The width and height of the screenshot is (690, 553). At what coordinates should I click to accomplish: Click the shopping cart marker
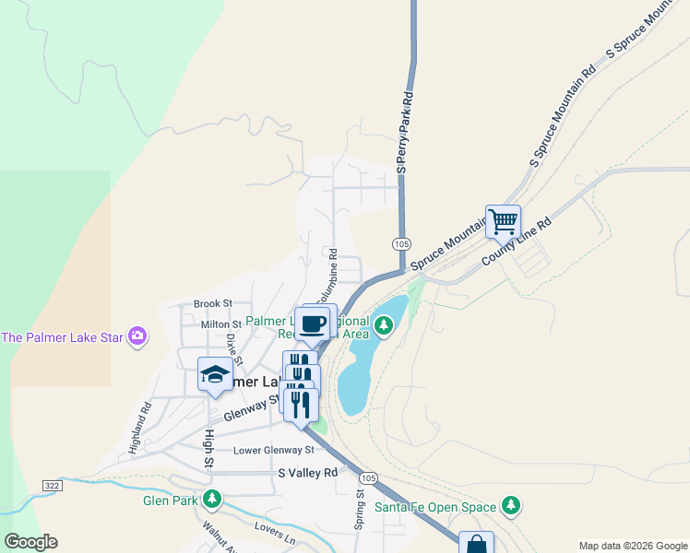[503, 221]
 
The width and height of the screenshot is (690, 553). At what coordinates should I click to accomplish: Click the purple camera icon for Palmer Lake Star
[138, 336]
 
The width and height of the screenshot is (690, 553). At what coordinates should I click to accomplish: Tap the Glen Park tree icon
[213, 500]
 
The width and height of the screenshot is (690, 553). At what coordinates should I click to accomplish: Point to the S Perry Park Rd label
[403, 133]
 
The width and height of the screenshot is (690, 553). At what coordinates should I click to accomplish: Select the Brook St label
[213, 303]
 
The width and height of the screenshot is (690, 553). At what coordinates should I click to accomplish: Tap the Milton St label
[220, 324]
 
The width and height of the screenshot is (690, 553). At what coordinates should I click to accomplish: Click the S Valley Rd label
[308, 472]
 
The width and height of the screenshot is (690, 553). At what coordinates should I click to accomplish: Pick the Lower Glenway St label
[274, 450]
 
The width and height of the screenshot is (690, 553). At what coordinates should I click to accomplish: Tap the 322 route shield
[53, 484]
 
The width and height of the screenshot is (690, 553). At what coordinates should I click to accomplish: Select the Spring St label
[360, 510]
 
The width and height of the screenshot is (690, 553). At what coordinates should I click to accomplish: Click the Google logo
[30, 541]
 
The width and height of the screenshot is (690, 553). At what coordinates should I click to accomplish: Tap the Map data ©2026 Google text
[632, 546]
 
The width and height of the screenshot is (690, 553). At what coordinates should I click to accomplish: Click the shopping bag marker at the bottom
[476, 544]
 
